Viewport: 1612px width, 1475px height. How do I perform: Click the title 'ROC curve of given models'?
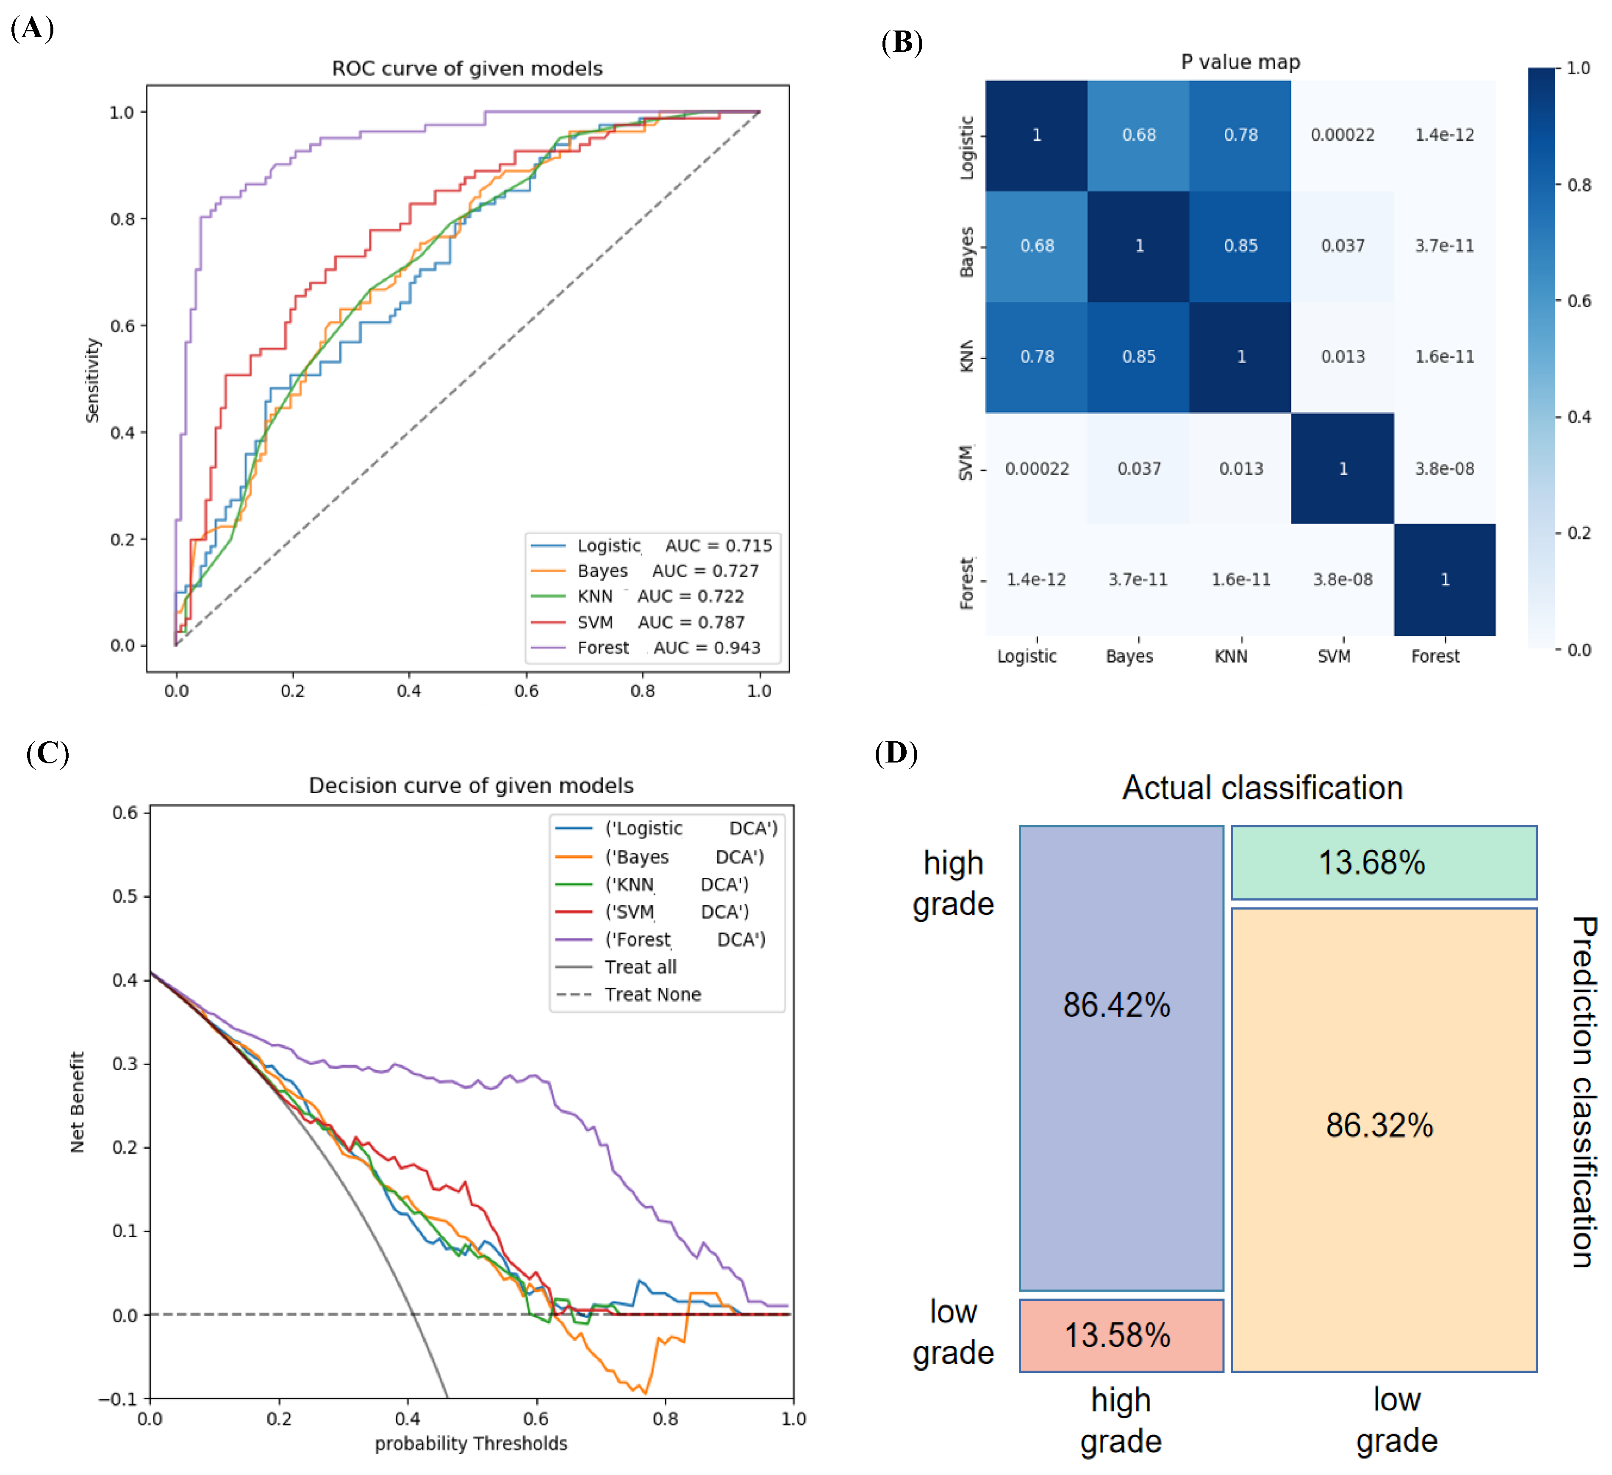(467, 69)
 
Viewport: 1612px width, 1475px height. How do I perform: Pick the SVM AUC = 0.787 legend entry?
(660, 622)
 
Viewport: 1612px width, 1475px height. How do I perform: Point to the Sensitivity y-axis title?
(93, 380)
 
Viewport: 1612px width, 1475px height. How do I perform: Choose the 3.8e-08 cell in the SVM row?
(1444, 469)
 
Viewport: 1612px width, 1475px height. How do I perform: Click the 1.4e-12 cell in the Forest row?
(1036, 580)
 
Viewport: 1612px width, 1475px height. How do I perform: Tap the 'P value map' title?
(1240, 62)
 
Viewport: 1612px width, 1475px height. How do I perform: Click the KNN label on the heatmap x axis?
(1231, 657)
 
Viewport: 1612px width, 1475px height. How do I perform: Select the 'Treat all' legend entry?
(640, 967)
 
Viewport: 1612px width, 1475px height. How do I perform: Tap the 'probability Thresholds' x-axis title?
(471, 1444)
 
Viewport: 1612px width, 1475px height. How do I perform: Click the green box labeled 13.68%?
(1383, 862)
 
